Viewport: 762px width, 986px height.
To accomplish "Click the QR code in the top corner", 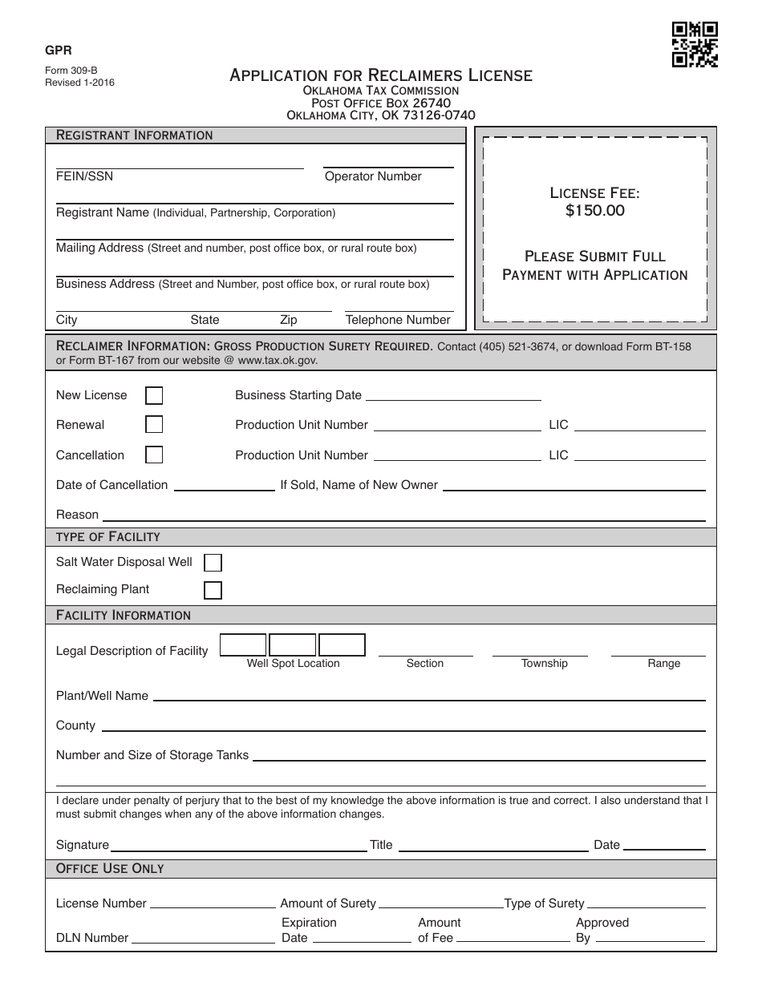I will [694, 44].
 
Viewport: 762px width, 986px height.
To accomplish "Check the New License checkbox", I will [154, 395].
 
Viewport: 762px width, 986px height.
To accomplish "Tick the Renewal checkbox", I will [154, 425].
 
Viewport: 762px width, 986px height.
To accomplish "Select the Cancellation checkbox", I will [154, 455].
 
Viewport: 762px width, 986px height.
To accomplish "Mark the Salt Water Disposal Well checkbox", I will [213, 562].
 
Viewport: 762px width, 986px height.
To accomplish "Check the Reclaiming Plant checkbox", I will [213, 590].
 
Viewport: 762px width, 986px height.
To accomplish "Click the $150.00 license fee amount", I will [594, 211].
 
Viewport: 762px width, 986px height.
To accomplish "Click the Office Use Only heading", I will [110, 869].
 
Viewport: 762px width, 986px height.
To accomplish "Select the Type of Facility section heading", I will [107, 536].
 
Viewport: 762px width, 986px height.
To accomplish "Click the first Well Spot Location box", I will [243, 645].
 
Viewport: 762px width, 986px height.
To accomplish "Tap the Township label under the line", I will [544, 664].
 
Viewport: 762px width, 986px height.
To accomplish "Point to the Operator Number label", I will [373, 176].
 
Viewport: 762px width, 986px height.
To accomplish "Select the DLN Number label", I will [92, 938].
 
